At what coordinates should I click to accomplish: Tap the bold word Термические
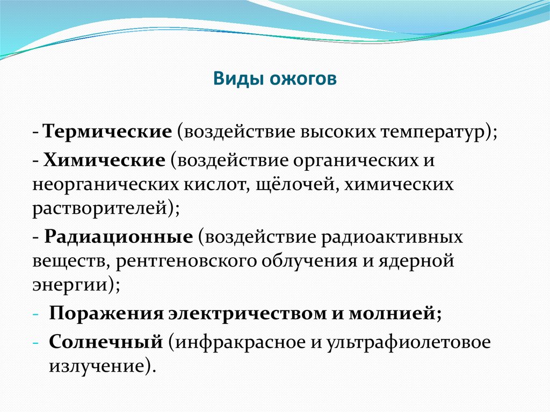point(107,132)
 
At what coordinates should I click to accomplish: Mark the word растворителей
point(100,209)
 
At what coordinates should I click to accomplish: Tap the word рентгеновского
point(186,262)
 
